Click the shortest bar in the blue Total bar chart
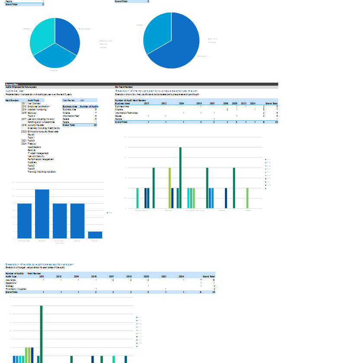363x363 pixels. coord(95,235)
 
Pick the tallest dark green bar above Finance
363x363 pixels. coord(180,177)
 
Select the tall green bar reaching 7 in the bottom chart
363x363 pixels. coord(41,333)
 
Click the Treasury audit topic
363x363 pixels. coord(32,144)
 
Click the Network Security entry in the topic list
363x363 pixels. coord(38,156)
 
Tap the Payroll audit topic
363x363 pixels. coord(31,135)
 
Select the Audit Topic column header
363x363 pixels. coord(33,100)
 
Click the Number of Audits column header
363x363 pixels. coord(89,106)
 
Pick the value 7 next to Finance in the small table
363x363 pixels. coord(96,113)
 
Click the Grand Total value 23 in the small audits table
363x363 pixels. coord(95,125)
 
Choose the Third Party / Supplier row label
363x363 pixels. coord(16,289)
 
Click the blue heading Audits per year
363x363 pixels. coord(15,91)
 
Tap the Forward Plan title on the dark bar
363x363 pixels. coord(12,84)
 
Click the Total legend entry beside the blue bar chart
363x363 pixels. coord(110,212)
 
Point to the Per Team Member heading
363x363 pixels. coord(124,87)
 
